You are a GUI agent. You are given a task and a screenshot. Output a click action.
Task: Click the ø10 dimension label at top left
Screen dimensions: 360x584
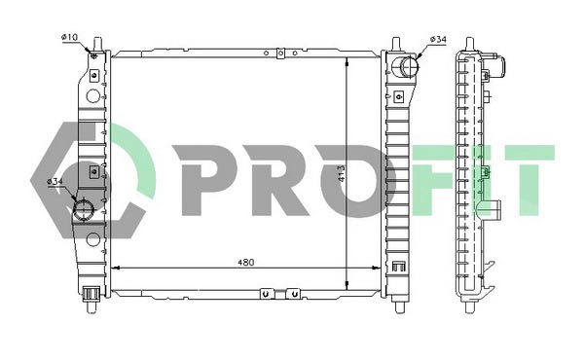(x=69, y=37)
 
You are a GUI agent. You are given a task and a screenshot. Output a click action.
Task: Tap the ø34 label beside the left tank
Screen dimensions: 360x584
(x=55, y=181)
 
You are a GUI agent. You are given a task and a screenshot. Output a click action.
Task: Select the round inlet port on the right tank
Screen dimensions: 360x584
(x=407, y=67)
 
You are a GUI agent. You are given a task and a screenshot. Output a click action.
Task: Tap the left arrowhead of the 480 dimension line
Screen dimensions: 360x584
(x=115, y=268)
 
